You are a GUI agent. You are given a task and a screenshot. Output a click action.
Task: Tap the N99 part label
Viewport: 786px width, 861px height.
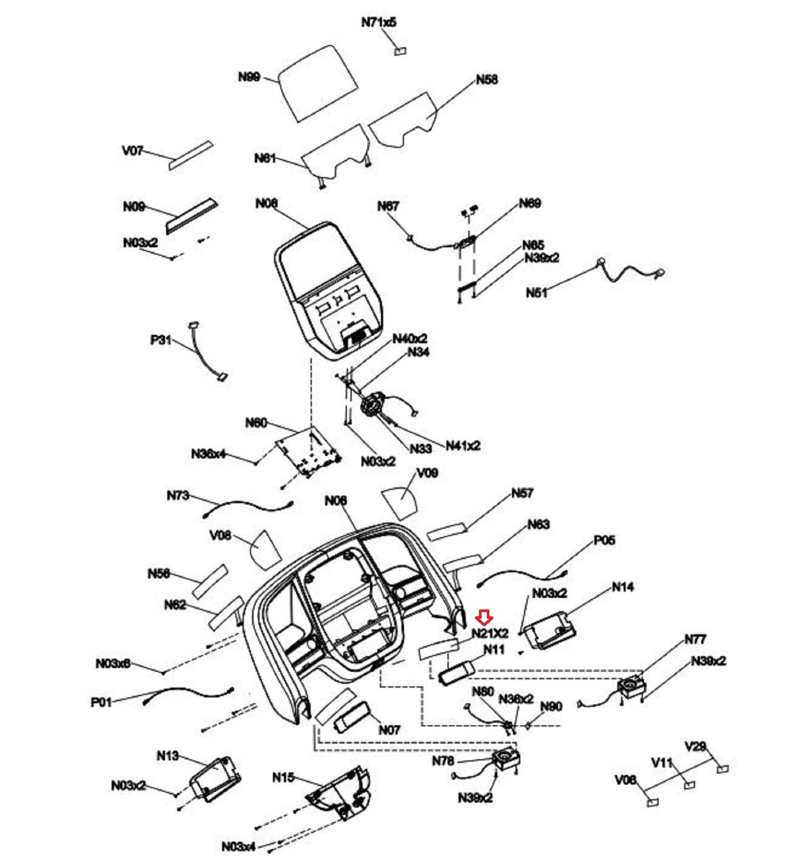249,77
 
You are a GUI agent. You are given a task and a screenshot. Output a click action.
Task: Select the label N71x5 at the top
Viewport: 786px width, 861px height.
379,23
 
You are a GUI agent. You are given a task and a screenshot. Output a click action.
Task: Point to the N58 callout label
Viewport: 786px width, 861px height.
486,80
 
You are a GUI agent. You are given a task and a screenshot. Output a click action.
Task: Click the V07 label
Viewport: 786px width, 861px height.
132,151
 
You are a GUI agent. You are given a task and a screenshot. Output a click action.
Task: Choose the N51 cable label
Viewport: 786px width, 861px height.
537,292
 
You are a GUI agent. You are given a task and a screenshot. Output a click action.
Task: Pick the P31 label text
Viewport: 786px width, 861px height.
161,340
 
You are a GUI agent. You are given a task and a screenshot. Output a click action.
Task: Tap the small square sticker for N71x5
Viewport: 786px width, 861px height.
401,51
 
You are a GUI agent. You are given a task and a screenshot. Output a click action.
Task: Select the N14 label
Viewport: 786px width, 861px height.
623,587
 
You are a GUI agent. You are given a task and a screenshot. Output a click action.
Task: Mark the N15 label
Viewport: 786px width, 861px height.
283,777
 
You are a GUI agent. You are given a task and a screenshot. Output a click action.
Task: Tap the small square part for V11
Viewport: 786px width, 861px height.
690,784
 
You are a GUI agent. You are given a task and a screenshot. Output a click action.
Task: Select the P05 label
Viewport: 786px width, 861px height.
604,540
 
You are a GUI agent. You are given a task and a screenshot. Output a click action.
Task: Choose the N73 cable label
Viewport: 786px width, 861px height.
178,495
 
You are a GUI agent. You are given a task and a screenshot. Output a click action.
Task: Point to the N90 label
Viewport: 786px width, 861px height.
551,706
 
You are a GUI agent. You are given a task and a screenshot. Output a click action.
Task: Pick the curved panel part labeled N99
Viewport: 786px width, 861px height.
317,82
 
